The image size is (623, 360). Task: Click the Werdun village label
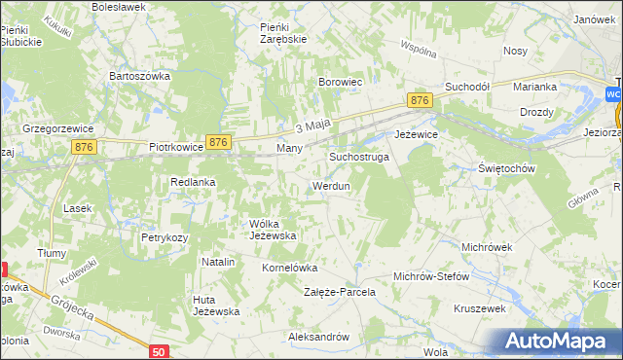[330, 186]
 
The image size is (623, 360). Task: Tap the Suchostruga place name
[358, 156]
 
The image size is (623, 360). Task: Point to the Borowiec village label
[341, 83]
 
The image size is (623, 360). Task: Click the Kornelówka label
[290, 267]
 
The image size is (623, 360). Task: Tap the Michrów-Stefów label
[430, 276]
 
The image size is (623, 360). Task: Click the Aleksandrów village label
[318, 337]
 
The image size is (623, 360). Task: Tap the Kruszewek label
[479, 308]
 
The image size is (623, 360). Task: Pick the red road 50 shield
[160, 349]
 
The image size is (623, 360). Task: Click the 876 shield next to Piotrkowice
[218, 142]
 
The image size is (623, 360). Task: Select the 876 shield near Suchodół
[420, 100]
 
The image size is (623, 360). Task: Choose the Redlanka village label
[192, 182]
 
